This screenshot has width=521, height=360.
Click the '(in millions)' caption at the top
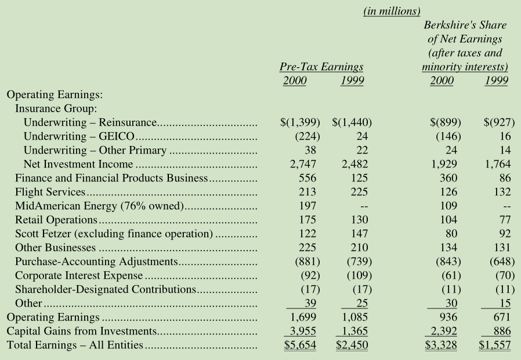(392, 11)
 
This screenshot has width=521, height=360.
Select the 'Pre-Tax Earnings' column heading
(321, 67)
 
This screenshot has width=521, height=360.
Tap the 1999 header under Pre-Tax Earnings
(352, 81)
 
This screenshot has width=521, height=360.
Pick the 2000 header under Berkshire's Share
(442, 81)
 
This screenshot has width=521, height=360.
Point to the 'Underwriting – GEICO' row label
(79, 136)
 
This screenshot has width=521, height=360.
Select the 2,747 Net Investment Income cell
(303, 164)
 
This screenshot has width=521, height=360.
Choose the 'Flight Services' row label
(50, 192)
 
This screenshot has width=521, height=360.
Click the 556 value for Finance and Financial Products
(307, 178)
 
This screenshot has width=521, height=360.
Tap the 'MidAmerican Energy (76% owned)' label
(99, 206)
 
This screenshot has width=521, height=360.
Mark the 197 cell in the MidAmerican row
(307, 206)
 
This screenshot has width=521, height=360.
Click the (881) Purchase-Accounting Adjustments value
(307, 261)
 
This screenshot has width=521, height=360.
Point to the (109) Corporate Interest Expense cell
(359, 275)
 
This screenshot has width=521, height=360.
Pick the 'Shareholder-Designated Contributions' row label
(106, 289)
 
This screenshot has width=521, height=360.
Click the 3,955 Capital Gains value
(303, 331)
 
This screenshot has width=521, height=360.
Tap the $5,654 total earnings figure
(300, 345)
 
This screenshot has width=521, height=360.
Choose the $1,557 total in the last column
(495, 345)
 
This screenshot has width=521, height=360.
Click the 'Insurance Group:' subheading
(56, 108)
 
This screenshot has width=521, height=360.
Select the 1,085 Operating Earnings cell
(355, 317)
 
